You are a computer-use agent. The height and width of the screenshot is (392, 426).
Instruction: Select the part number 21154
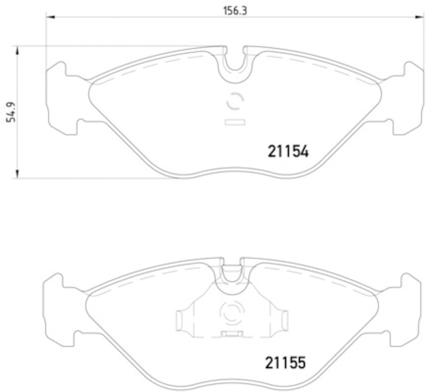(x=288, y=152)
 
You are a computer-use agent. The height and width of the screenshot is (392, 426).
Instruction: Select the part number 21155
(x=285, y=363)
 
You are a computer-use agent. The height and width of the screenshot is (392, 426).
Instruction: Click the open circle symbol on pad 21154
(x=235, y=102)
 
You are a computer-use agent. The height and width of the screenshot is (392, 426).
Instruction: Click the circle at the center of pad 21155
(x=232, y=313)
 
